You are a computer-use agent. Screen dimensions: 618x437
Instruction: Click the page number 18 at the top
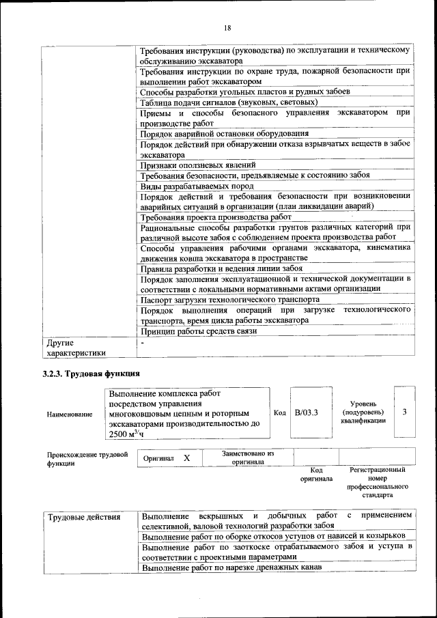(227, 27)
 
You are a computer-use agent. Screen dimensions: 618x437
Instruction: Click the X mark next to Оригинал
(186, 458)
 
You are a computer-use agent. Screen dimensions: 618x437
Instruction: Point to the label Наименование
(70, 414)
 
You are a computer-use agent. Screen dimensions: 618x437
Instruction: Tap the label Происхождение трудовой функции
(87, 458)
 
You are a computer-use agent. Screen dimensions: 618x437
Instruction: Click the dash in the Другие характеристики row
(141, 341)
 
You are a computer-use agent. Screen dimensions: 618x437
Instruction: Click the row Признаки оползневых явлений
(198, 165)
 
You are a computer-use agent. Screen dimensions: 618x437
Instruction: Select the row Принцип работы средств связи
(198, 331)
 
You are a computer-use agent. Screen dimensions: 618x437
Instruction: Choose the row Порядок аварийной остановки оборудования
(225, 133)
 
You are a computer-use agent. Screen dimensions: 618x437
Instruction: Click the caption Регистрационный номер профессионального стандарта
(377, 482)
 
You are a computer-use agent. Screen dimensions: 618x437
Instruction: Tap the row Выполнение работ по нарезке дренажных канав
(231, 568)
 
